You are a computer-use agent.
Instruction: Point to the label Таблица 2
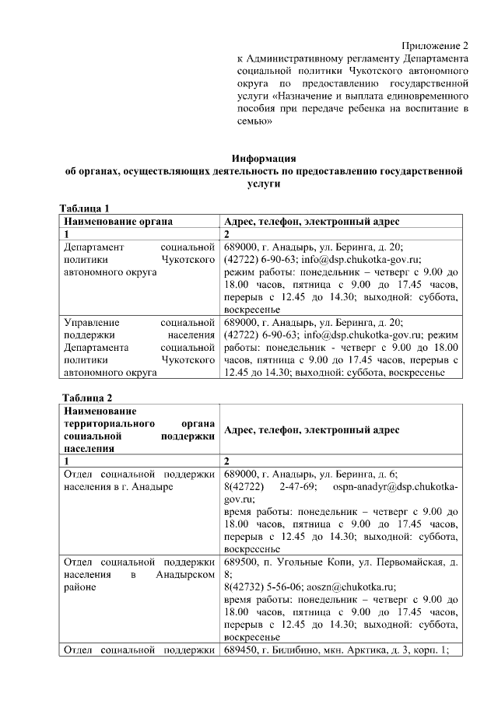pos(92,399)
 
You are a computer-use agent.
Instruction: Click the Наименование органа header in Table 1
pos(117,221)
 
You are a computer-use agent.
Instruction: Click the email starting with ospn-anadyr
pos(395,487)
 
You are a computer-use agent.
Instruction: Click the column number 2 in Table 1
pos(226,234)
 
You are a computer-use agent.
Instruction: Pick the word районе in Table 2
pos(82,587)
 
